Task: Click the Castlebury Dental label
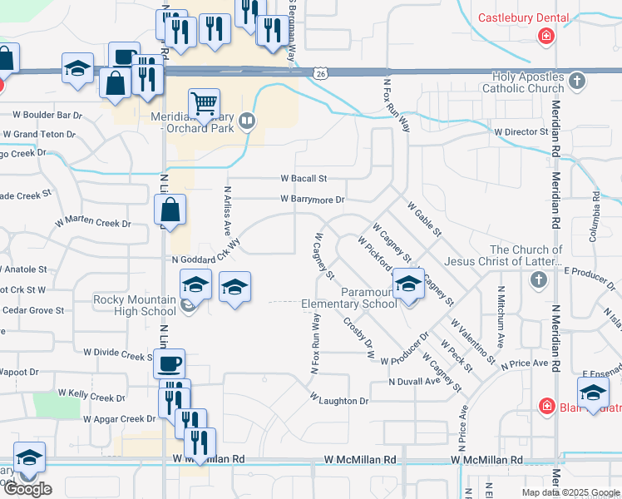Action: (524, 17)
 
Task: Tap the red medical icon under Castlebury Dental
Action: (546, 36)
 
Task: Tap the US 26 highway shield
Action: (321, 74)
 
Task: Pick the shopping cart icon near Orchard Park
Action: (204, 103)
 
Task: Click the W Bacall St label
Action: (304, 178)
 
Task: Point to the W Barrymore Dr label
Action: (312, 200)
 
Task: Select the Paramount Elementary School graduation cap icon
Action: (407, 284)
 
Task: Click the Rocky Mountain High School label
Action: (135, 305)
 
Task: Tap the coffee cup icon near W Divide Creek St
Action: (170, 363)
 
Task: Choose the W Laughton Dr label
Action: (338, 401)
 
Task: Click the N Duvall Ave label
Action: (413, 381)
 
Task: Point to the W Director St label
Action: (523, 132)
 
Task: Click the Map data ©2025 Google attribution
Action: (570, 492)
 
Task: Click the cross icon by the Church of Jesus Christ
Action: (538, 279)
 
